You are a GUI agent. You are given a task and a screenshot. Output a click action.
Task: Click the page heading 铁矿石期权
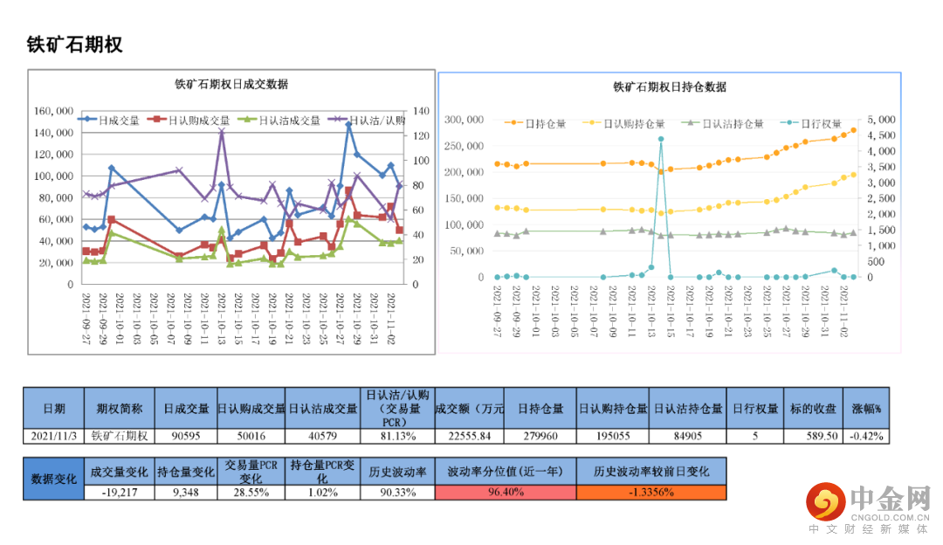coord(75,45)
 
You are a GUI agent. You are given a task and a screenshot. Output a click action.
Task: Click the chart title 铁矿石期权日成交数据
coord(231,85)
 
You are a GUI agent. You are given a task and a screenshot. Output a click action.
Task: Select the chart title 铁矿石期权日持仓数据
coord(670,86)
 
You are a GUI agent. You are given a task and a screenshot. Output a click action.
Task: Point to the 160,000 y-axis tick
coord(54,111)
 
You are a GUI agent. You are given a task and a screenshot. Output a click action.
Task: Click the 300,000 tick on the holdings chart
coord(464,119)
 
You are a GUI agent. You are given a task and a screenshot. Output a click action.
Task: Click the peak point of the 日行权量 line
coord(661,139)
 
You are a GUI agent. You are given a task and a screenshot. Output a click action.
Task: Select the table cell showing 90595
coord(186,436)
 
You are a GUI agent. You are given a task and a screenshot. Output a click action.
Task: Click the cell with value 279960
coord(540,436)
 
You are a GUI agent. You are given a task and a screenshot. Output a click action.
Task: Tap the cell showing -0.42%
coord(866,436)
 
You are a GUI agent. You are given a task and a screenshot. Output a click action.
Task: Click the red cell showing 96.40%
coord(505,492)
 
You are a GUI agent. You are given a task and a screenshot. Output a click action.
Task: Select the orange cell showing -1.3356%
coord(650,492)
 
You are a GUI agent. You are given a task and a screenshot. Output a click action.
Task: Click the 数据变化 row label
coord(54,479)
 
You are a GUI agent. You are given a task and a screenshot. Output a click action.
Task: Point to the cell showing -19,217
coord(120,492)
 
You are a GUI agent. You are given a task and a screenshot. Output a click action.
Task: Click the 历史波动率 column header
coord(397,471)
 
